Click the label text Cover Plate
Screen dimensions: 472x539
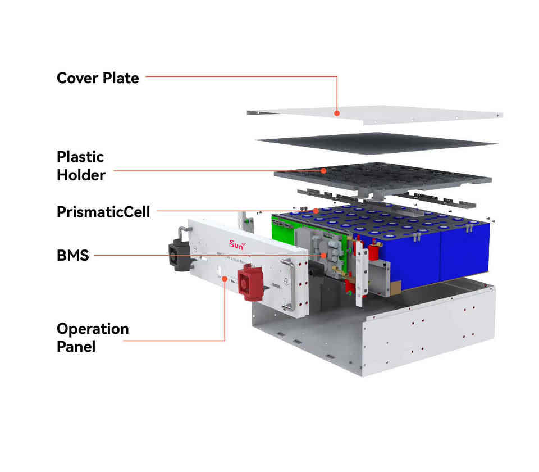click(98, 78)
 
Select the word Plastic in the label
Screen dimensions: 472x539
click(80, 156)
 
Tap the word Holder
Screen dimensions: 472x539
click(81, 175)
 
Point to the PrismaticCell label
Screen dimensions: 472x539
click(103, 212)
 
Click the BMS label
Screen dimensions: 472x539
click(72, 256)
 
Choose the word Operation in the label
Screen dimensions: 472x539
click(93, 328)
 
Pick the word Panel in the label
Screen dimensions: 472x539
click(76, 346)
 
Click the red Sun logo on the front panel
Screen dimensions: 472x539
click(238, 244)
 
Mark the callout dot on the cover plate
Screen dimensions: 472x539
click(337, 113)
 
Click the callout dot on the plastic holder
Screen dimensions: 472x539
click(324, 170)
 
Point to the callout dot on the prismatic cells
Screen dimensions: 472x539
click(316, 211)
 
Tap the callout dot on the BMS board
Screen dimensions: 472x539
click(324, 256)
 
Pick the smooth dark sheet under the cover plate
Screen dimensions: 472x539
click(376, 143)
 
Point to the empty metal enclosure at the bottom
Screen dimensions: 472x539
click(393, 332)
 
